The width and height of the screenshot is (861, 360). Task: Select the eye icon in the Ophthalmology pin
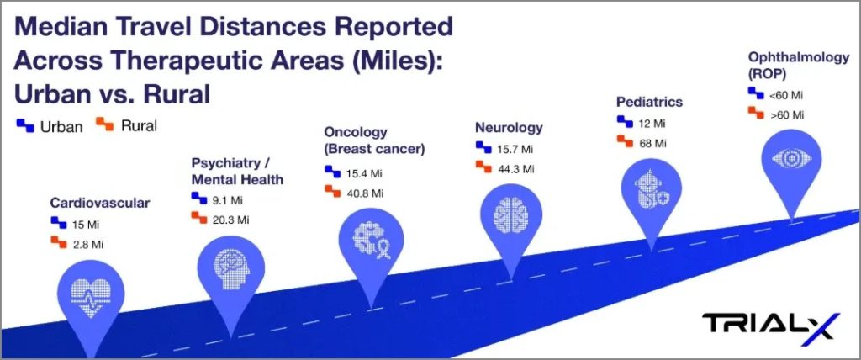click(x=791, y=159)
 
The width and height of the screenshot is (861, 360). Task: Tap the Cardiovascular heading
click(x=100, y=203)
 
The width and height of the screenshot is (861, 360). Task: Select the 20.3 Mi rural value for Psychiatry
click(x=230, y=220)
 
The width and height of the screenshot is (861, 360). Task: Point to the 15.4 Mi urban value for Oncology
click(x=364, y=173)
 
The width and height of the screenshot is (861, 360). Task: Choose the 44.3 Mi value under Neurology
click(x=515, y=169)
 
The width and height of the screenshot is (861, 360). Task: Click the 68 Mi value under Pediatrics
click(x=652, y=144)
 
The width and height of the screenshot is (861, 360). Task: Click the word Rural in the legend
click(x=139, y=126)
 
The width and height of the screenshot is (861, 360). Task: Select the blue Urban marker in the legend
click(x=25, y=125)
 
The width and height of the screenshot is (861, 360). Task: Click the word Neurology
click(x=509, y=128)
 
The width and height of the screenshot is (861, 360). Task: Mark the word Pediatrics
click(x=650, y=102)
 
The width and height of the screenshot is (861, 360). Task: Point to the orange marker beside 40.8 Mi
click(x=333, y=191)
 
